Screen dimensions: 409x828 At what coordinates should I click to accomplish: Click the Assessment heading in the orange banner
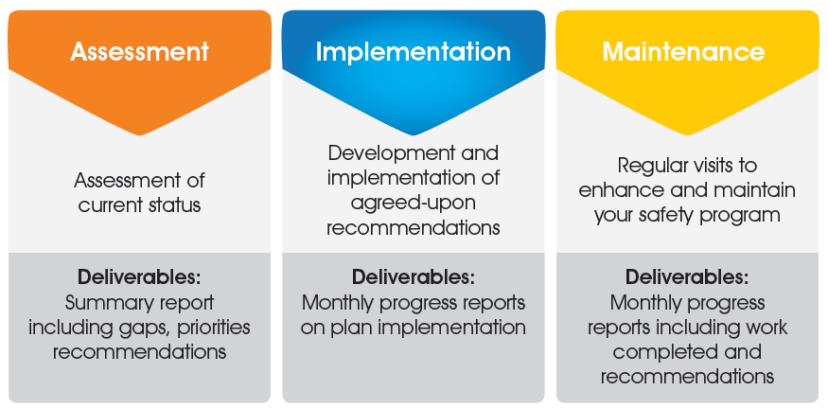click(139, 51)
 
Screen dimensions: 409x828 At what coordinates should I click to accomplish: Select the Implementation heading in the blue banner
click(413, 51)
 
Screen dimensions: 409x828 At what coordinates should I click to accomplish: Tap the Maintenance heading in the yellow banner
click(686, 51)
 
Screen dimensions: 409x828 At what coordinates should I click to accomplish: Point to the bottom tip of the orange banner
click(139, 133)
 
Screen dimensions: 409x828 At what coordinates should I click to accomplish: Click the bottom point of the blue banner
click(413, 133)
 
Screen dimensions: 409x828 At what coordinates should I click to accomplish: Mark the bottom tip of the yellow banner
click(686, 133)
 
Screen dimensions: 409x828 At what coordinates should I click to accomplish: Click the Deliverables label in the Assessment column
click(139, 278)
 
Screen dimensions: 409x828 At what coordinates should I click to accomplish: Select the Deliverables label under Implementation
click(413, 278)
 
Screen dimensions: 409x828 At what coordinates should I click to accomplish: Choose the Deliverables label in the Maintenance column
click(686, 278)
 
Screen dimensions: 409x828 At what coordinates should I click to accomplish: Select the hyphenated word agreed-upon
click(414, 203)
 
